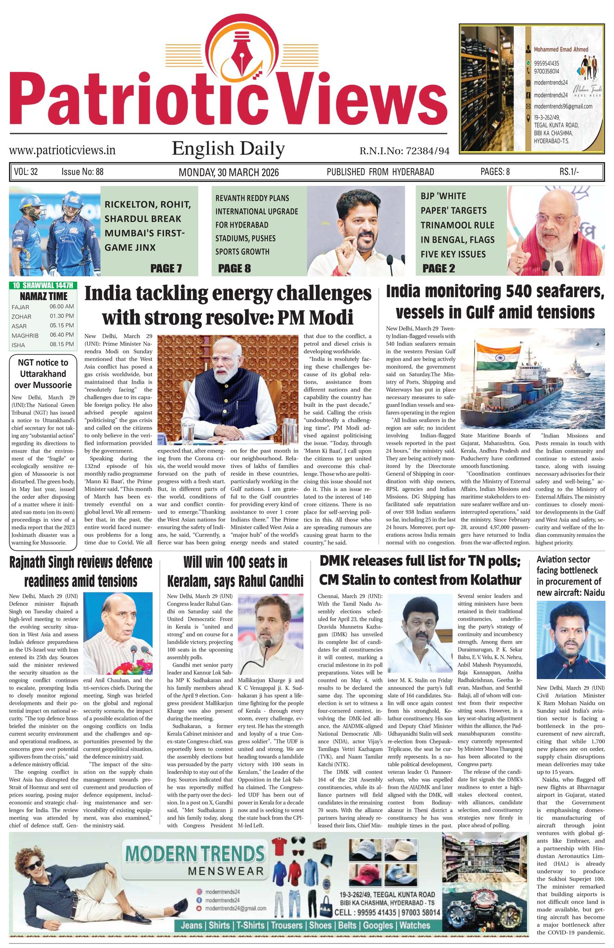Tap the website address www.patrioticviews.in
coord(62,150)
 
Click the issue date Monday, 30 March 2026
coord(229,172)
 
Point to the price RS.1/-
coord(569,172)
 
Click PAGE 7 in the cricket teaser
coord(166,268)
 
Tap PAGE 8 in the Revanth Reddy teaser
coord(234,268)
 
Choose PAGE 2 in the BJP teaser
coord(439,268)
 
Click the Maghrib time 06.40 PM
coord(62,335)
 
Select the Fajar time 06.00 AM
coord(62,307)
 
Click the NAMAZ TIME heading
coord(44,296)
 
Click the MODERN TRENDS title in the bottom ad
coord(195,853)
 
